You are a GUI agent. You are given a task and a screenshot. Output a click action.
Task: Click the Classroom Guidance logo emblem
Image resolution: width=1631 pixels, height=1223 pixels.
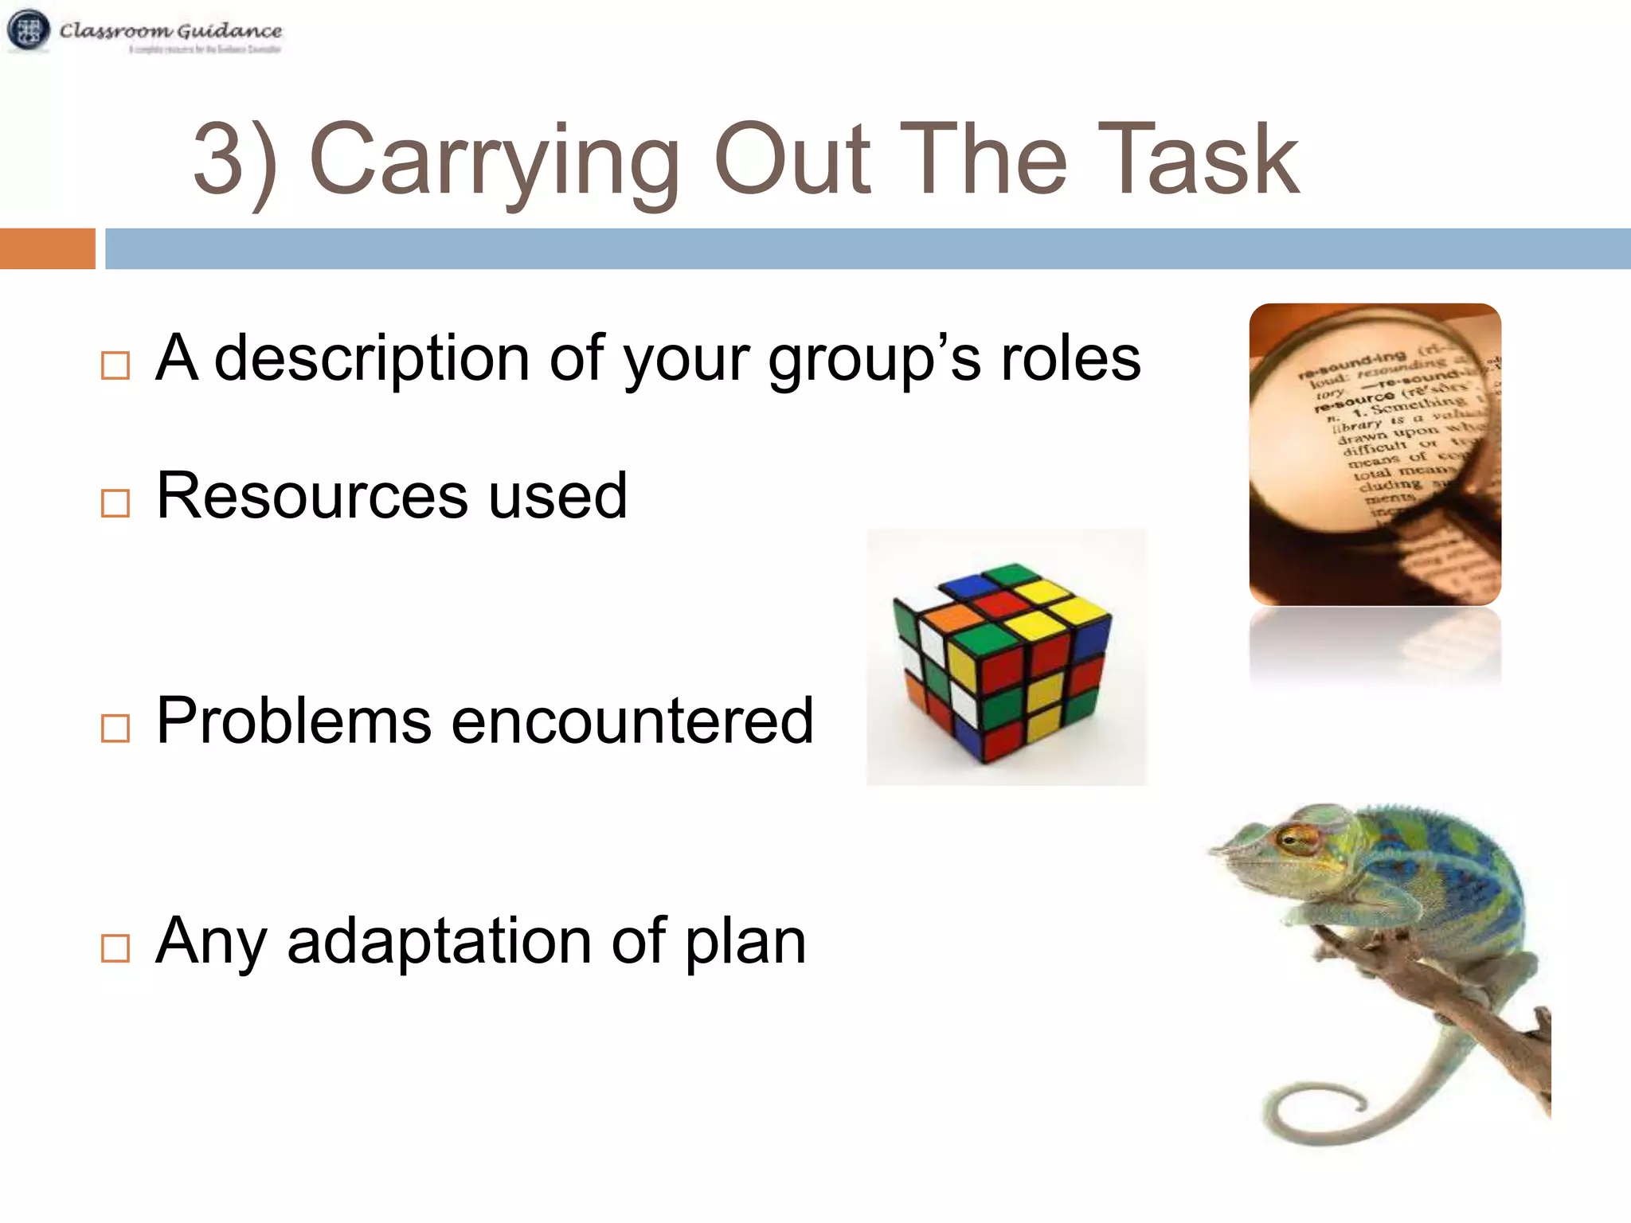pyautogui.click(x=29, y=30)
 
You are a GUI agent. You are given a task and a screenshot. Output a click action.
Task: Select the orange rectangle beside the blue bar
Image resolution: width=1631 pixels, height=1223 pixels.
pyautogui.click(x=47, y=248)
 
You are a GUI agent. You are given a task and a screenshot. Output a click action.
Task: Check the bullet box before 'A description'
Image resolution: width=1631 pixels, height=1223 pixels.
pyautogui.click(x=115, y=365)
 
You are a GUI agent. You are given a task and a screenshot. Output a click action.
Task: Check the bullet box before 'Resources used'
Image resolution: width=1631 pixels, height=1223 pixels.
pyautogui.click(x=115, y=503)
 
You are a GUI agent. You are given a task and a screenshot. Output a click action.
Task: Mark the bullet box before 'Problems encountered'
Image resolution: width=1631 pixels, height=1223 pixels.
pyautogui.click(x=115, y=728)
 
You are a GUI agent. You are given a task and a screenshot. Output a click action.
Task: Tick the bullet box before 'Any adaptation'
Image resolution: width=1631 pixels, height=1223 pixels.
pyautogui.click(x=115, y=948)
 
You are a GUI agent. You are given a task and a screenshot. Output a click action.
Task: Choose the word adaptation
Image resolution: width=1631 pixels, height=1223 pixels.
pyautogui.click(x=439, y=942)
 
